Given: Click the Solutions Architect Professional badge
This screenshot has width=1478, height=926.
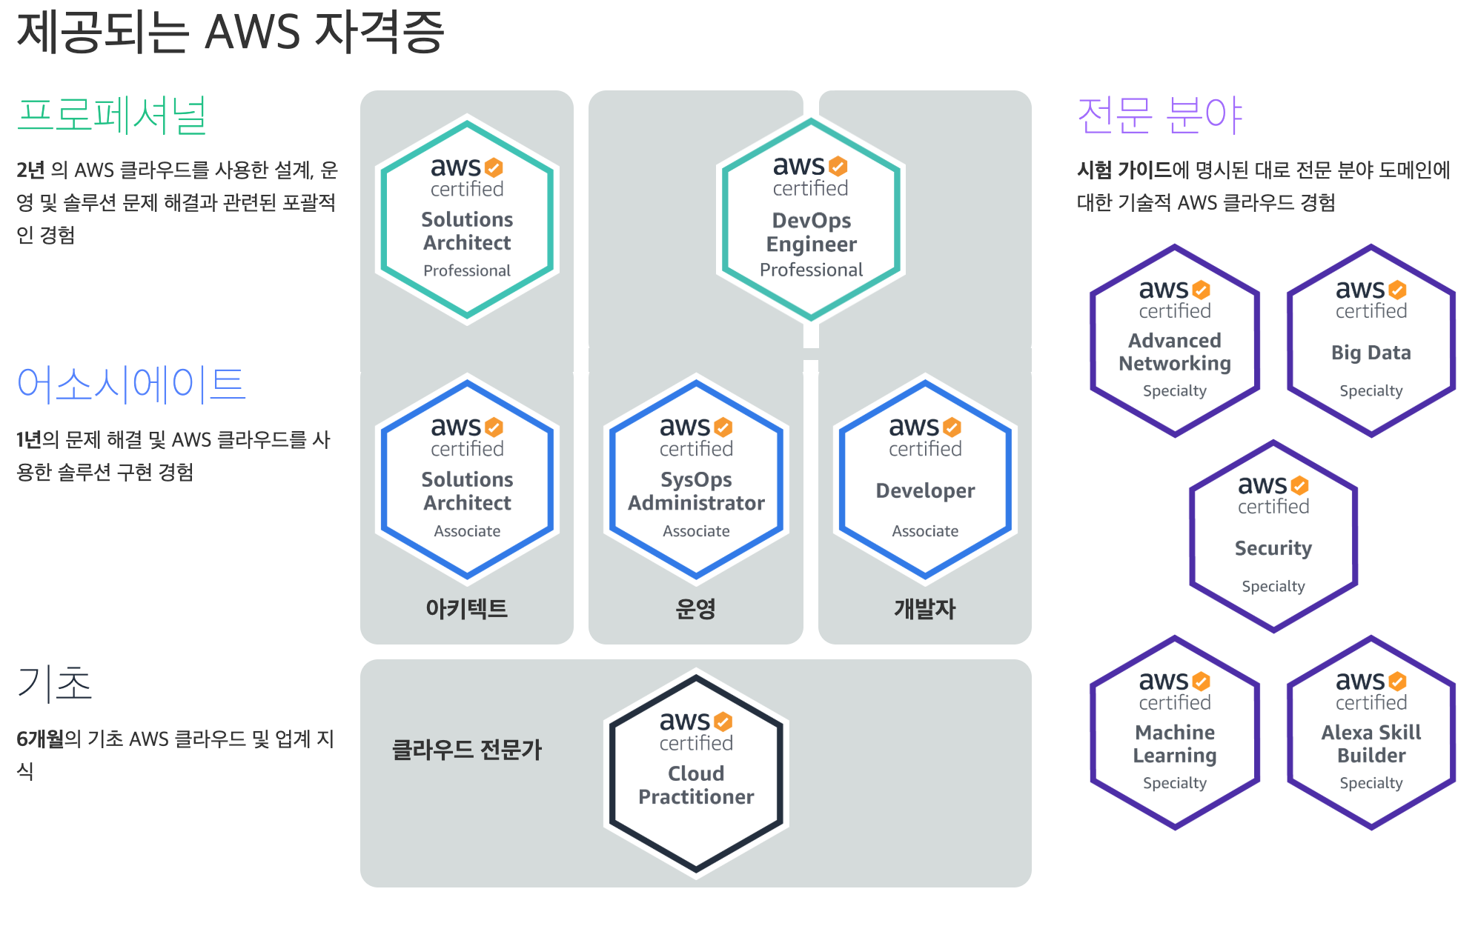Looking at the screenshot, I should click(x=467, y=220).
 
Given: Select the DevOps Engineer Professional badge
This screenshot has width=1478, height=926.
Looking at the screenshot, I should click(x=811, y=220).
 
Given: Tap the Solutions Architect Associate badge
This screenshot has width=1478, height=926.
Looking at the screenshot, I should click(x=467, y=479).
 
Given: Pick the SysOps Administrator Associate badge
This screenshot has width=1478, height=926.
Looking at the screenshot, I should click(x=696, y=479).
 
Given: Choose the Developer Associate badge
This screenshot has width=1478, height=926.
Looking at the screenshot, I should click(x=925, y=479).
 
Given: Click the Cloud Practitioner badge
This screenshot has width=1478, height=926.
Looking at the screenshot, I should click(x=696, y=773).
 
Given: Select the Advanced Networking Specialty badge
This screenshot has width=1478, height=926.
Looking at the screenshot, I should click(x=1175, y=341).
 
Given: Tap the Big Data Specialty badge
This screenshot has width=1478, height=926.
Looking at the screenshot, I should click(x=1371, y=341).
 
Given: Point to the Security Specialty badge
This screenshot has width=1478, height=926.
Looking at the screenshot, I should click(x=1273, y=536).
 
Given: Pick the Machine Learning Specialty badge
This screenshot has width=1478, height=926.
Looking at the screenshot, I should click(x=1175, y=733).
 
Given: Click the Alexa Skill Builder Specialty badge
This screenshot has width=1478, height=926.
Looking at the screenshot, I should click(x=1371, y=733).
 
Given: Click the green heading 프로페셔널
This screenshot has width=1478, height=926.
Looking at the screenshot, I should click(x=112, y=116).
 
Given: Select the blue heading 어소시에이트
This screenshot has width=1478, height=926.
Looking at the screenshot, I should click(x=131, y=384).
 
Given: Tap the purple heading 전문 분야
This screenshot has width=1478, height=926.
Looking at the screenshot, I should click(x=1159, y=116).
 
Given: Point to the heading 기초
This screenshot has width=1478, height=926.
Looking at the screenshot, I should click(x=55, y=683).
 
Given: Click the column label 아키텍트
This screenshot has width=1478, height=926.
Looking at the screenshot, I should click(x=467, y=609).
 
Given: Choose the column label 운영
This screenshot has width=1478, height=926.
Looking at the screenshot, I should click(x=696, y=609).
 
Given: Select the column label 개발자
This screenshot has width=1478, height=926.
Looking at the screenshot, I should click(x=925, y=609).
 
